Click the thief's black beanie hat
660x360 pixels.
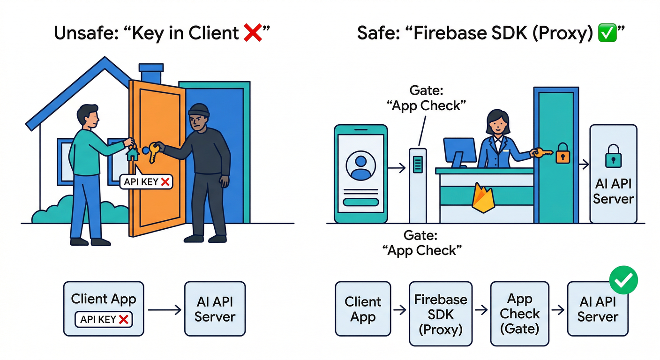[x=199, y=112]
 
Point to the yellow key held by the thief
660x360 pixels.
[x=152, y=152]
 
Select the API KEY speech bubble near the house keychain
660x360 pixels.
[x=146, y=181]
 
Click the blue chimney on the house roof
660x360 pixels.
[x=151, y=73]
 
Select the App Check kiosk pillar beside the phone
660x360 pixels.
[x=418, y=185]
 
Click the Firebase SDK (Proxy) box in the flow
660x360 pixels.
[x=440, y=309]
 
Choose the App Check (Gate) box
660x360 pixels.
[x=519, y=309]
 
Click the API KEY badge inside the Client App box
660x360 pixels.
[x=104, y=320]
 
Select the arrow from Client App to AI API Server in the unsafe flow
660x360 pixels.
[x=164, y=309]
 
